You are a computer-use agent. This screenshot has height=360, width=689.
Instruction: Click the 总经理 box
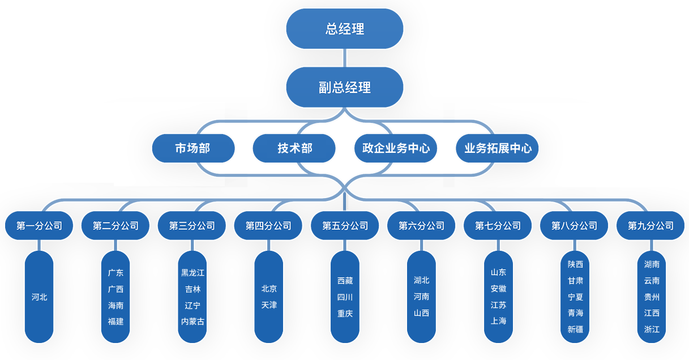pos(344,28)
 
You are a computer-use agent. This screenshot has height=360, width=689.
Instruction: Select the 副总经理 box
pos(344,87)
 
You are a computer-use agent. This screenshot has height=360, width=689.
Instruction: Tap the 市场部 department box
pos(192,148)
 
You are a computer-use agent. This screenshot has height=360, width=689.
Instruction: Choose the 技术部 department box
pos(294,148)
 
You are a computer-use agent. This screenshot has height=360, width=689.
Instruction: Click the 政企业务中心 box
pos(396,148)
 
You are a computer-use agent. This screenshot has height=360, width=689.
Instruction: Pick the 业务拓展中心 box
pos(498,148)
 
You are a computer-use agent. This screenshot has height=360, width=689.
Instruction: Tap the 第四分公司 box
pos(268,226)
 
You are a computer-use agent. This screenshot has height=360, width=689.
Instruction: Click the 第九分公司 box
pos(651,226)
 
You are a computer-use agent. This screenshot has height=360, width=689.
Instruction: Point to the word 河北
pos(40,297)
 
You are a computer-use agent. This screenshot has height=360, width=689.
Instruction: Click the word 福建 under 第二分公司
pos(115,322)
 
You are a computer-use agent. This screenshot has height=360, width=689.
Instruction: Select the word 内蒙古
pos(192,322)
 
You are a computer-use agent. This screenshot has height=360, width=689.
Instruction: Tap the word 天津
pos(269,305)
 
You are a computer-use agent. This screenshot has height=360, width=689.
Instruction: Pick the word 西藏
pos(345,281)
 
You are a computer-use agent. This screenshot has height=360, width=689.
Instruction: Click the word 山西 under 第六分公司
pos(421,313)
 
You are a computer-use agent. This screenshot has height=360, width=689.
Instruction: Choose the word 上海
pos(498,321)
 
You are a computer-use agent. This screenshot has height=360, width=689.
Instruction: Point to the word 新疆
pos(575,329)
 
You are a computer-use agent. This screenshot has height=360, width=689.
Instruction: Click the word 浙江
pos(652,329)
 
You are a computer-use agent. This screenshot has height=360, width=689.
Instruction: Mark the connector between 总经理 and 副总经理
pos(344,58)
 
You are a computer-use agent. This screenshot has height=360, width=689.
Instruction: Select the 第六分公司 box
pos(421,226)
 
